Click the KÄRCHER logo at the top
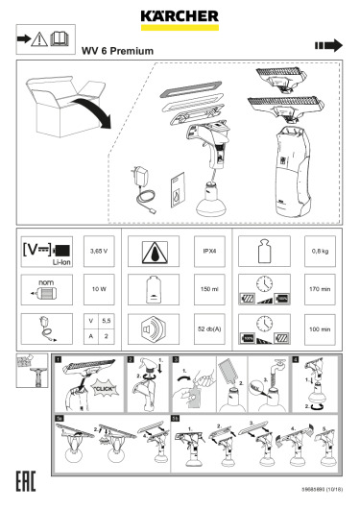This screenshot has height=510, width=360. click(x=180, y=15)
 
